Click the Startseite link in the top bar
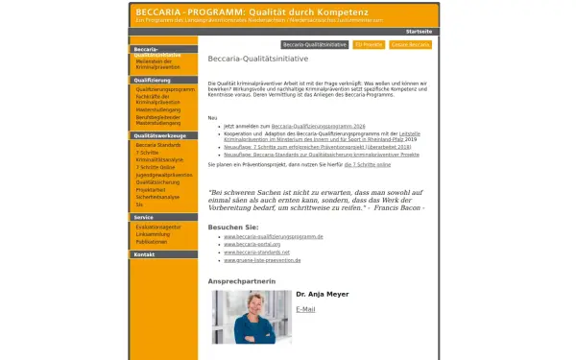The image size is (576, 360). tap(419, 31)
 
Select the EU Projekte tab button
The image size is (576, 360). tap(369, 44)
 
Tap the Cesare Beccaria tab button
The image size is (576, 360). tap(410, 44)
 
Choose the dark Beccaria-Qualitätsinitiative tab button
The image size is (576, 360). tap(315, 44)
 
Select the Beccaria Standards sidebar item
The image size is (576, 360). tap(158, 145)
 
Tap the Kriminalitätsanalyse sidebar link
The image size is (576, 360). tap(159, 158)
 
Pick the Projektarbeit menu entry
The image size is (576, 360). tap(152, 189)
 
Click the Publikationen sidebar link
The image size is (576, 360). tap(153, 241)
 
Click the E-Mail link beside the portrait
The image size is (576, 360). tap(305, 309)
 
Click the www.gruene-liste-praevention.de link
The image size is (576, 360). tap(262, 260)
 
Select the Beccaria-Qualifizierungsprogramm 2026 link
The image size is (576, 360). tap(319, 126)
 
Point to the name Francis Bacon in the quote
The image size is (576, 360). tap(399, 207)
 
